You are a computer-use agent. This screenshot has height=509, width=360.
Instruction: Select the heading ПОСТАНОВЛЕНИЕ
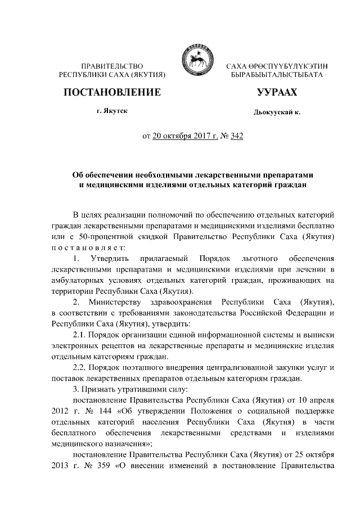[x=112, y=92]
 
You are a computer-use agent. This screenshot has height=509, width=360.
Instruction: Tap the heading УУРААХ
[x=277, y=92]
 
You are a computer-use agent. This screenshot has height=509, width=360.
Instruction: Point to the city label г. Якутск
[x=112, y=112]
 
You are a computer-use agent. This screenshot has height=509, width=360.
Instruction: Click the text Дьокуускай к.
[x=277, y=112]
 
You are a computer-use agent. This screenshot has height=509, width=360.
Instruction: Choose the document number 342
[x=236, y=136]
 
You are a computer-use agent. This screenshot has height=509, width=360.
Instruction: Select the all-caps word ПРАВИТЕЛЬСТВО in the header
[x=112, y=66]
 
